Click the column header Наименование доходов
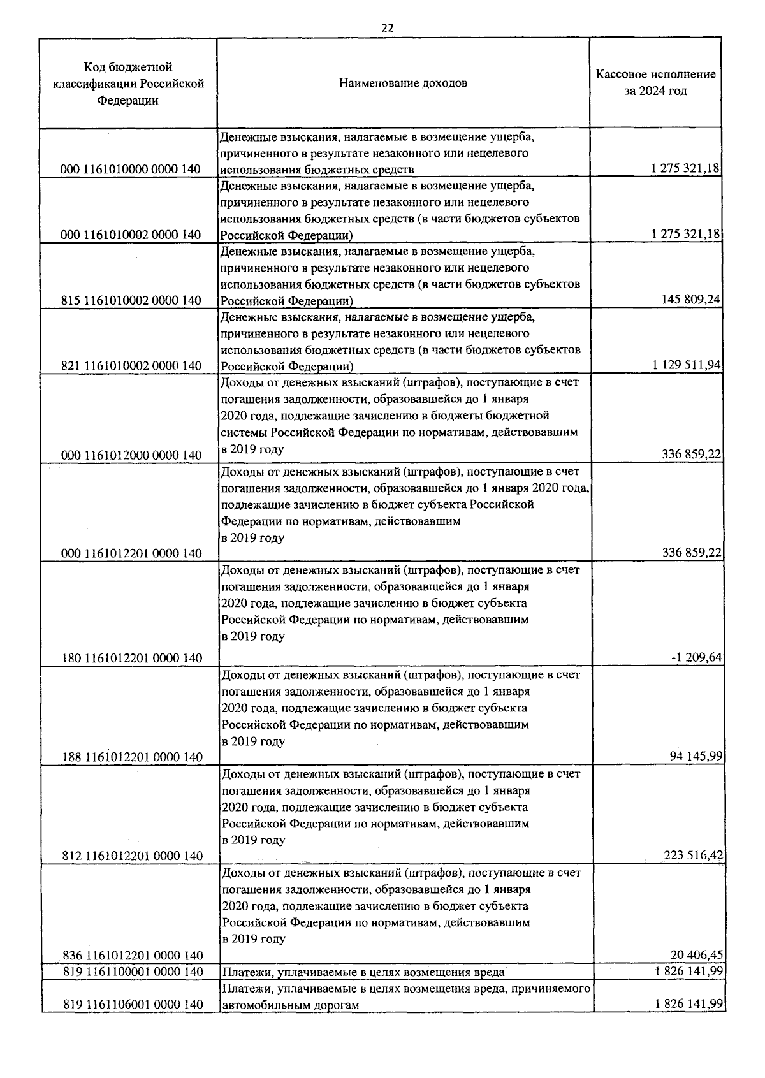[x=402, y=84]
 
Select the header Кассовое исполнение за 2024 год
[x=655, y=83]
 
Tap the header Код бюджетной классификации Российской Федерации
[x=128, y=84]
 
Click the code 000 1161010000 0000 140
[x=131, y=170]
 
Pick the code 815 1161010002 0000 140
[x=131, y=300]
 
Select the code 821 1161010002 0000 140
[x=131, y=366]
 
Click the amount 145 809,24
[x=692, y=300]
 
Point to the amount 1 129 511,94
[x=687, y=365]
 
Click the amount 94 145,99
[x=696, y=756]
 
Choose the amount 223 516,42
[x=693, y=855]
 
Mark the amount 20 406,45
[x=696, y=954]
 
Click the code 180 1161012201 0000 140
[x=133, y=658]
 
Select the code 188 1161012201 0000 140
[x=133, y=757]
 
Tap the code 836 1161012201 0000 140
[x=133, y=955]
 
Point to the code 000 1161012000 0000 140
[x=131, y=455]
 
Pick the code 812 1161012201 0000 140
[x=133, y=856]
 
